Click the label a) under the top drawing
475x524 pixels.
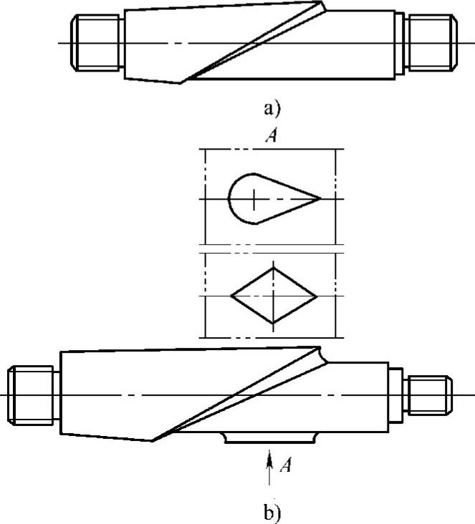272,109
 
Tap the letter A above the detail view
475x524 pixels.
272,135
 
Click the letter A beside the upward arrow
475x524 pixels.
285,465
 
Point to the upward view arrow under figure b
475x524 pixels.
269,467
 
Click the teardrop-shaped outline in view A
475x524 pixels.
229,198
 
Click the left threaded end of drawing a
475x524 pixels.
96,43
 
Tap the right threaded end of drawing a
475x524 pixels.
432,43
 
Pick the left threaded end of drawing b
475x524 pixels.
30,395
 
